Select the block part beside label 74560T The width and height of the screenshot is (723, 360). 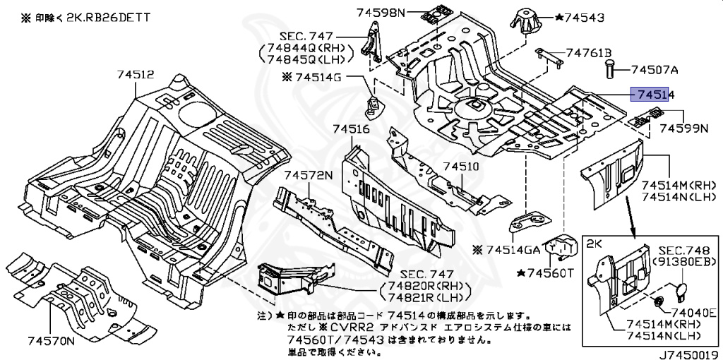tap(565, 244)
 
